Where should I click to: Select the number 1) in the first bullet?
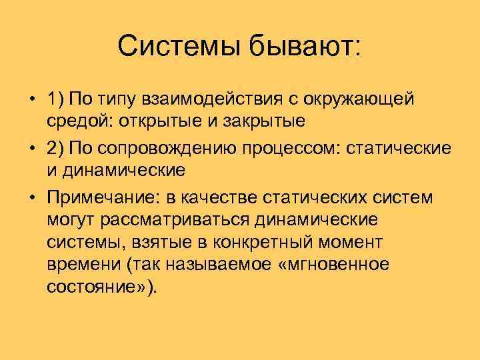click(x=57, y=100)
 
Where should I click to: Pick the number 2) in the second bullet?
click(x=57, y=147)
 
